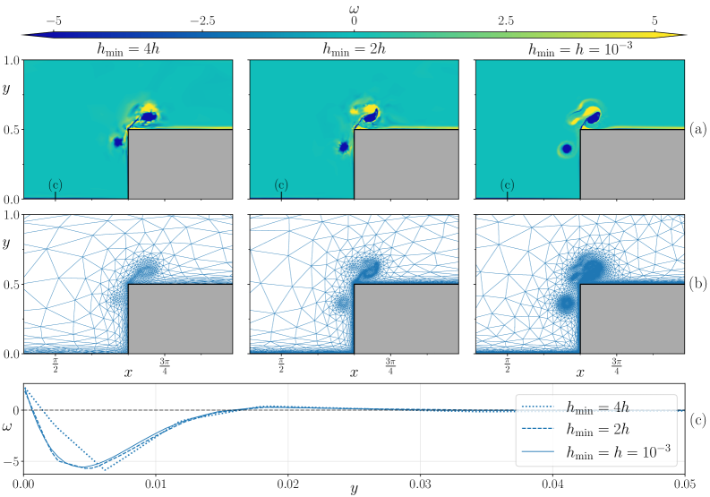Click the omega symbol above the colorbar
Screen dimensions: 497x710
pyautogui.click(x=355, y=7)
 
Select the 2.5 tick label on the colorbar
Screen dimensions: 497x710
pyautogui.click(x=505, y=20)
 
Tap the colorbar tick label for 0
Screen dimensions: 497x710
pyautogui.click(x=355, y=20)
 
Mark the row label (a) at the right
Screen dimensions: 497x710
pyautogui.click(x=698, y=129)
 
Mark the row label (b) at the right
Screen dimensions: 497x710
pyautogui.click(x=698, y=284)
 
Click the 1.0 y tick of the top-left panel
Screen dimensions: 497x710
pyautogui.click(x=12, y=61)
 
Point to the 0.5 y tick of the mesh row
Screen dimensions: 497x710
pyautogui.click(x=12, y=285)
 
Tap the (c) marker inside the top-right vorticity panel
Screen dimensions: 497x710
pyautogui.click(x=507, y=185)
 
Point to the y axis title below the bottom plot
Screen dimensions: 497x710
pyautogui.click(x=355, y=490)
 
